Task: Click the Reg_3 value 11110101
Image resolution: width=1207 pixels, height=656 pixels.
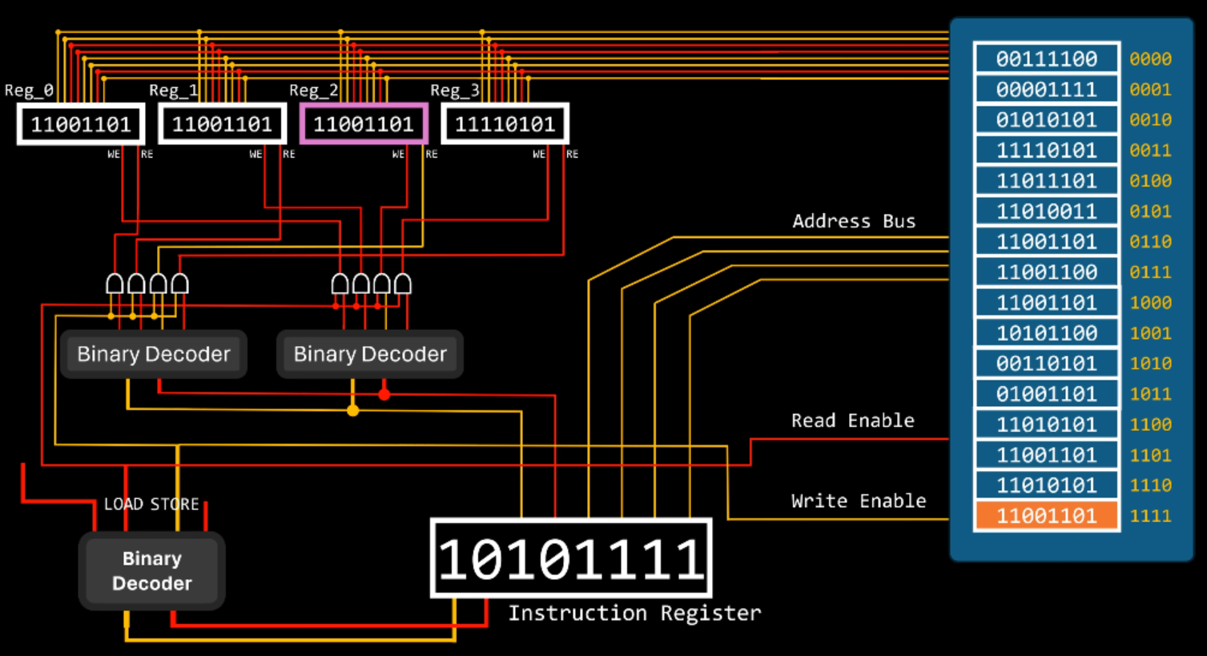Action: tap(505, 124)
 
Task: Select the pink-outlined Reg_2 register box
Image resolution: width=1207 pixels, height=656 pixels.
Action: tap(364, 124)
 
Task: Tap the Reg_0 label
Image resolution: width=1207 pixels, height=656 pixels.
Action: tap(29, 91)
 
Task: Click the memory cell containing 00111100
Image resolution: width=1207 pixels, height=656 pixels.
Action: tap(1046, 58)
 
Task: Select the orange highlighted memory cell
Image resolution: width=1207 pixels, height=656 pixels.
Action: tap(1046, 515)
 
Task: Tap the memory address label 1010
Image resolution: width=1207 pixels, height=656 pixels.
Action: tap(1150, 364)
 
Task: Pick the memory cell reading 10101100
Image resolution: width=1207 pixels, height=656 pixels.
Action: tap(1046, 333)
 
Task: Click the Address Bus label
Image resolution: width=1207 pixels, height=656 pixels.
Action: tap(853, 222)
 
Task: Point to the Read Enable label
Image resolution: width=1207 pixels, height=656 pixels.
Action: tap(852, 421)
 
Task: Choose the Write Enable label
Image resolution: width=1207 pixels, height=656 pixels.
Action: tap(858, 501)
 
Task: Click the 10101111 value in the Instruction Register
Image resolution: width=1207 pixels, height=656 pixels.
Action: tap(571, 558)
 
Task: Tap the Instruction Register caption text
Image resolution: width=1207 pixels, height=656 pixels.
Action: tap(634, 614)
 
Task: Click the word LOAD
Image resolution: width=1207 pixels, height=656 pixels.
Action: tap(124, 505)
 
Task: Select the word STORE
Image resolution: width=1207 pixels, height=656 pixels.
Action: tap(175, 505)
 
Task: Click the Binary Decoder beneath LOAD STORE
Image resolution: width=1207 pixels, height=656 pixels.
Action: tap(151, 571)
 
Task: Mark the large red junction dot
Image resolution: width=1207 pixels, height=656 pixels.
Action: tap(384, 393)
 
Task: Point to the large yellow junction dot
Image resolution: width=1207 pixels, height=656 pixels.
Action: tap(352, 410)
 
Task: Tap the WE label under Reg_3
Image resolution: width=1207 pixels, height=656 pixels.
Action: tap(539, 154)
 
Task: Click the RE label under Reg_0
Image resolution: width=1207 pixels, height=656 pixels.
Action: tap(147, 154)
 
